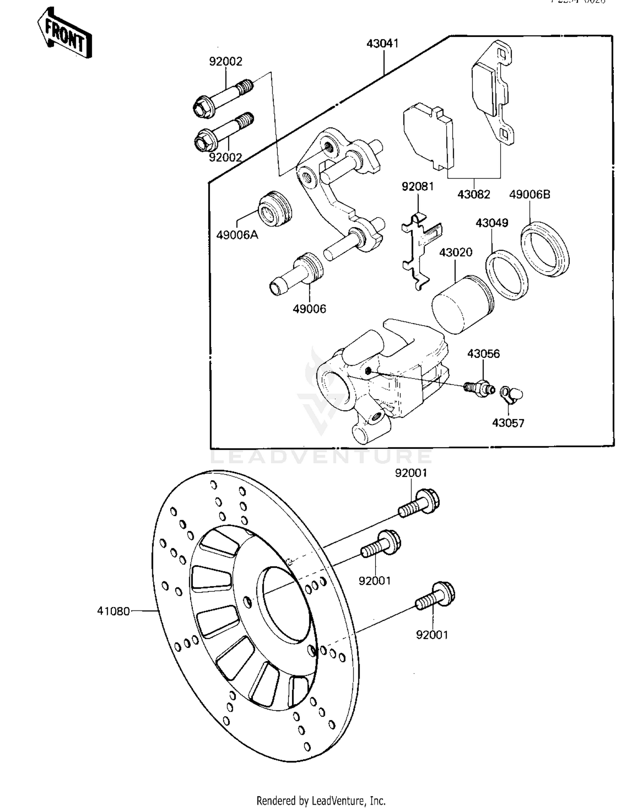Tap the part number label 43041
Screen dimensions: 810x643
click(x=382, y=43)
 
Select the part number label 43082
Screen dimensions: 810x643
click(x=474, y=194)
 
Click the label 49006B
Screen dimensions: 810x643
click(x=529, y=194)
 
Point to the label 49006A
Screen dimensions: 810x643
click(x=237, y=235)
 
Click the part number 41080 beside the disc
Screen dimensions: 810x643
click(x=113, y=611)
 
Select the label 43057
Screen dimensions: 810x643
click(x=508, y=423)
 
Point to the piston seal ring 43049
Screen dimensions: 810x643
click(x=507, y=275)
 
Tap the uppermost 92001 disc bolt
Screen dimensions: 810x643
click(x=420, y=504)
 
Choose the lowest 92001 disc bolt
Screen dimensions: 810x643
click(x=435, y=596)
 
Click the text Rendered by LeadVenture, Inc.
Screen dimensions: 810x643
click(x=321, y=801)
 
